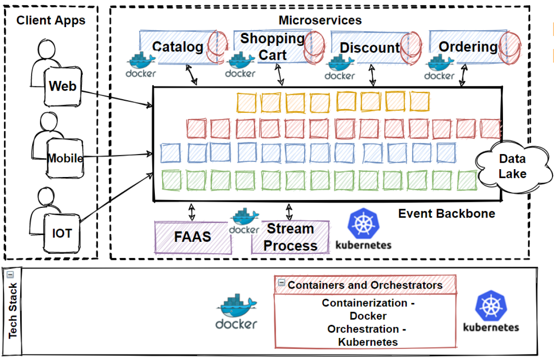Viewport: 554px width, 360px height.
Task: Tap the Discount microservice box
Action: point(370,47)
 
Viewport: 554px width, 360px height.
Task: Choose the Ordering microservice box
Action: point(468,47)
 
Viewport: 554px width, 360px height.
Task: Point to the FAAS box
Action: point(192,237)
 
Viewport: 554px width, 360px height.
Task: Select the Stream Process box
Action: point(290,237)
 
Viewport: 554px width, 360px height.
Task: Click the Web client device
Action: point(62,86)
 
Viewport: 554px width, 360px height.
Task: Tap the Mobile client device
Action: point(65,159)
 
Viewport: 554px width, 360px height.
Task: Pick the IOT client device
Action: point(62,233)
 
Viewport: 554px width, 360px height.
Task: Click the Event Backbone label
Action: point(446,213)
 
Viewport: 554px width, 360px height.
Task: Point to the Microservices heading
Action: point(320,20)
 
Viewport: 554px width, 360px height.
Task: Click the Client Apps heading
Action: point(51,20)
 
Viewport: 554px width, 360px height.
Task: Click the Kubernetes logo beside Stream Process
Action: point(363,229)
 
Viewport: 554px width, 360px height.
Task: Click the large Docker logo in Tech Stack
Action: point(237,312)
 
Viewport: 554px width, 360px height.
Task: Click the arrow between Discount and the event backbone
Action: point(372,74)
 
